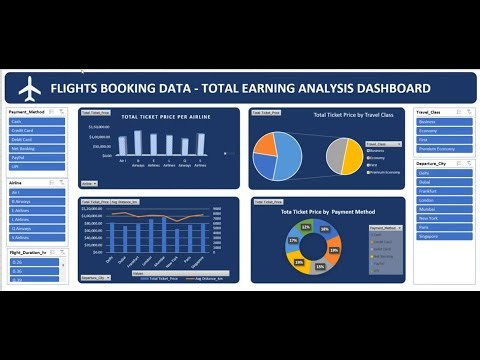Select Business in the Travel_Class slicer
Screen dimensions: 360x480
click(x=440, y=122)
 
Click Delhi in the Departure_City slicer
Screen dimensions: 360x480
click(x=440, y=172)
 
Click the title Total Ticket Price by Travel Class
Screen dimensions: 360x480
click(x=356, y=116)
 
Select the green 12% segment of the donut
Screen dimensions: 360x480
click(x=307, y=228)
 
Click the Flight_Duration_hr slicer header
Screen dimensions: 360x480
click(x=36, y=253)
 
